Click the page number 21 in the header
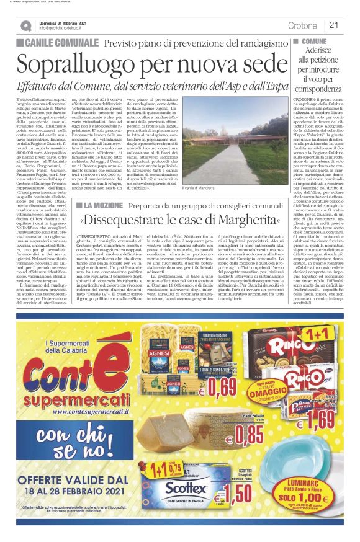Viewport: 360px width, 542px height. [x=333, y=25]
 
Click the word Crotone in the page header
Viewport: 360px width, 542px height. [x=302, y=25]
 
